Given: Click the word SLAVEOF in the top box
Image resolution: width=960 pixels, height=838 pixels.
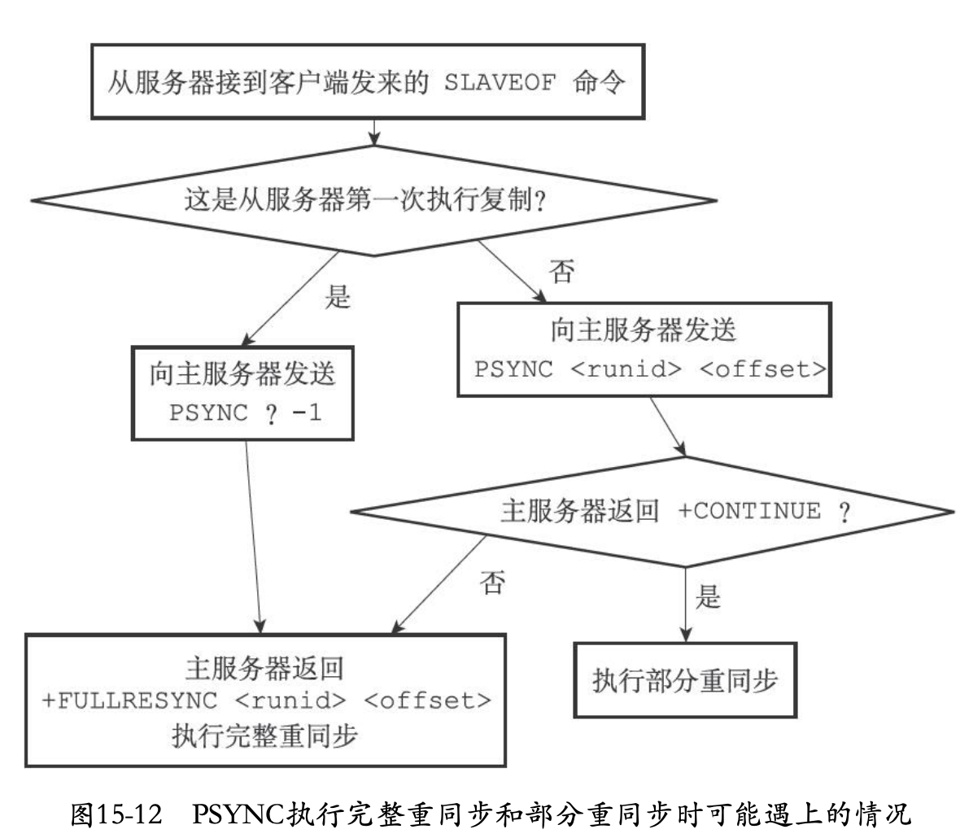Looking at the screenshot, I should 498,85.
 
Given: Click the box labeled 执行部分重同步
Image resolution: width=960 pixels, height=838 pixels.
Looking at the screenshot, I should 684,680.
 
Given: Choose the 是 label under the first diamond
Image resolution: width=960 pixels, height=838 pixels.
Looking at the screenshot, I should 337,298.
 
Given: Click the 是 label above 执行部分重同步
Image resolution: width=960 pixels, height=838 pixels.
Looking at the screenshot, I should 708,597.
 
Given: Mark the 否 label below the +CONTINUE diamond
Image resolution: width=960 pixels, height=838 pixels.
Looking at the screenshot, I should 492,583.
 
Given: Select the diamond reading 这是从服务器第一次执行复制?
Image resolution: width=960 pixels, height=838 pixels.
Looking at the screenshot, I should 373,199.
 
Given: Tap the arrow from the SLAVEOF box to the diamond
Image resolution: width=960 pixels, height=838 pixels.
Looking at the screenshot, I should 373,132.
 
